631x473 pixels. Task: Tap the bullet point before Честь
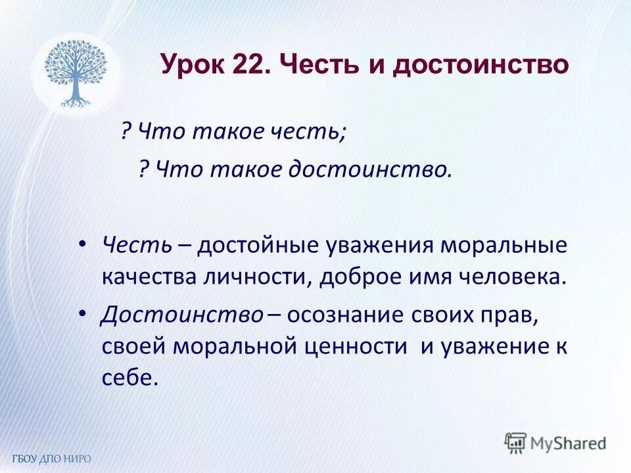(82, 244)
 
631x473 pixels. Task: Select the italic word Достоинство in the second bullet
(182, 315)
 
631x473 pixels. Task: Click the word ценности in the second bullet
(356, 346)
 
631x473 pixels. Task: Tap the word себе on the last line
(130, 378)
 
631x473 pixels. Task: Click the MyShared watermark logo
(555, 441)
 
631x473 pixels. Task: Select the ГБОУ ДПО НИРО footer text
(51, 458)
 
